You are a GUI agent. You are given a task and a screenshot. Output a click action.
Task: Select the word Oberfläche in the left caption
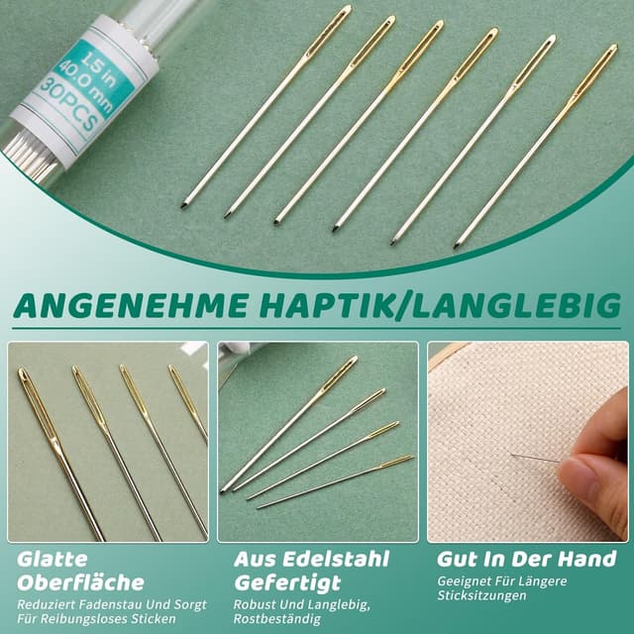pyautogui.click(x=80, y=582)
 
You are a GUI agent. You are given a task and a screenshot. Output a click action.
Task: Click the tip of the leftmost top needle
pyautogui.click(x=184, y=205)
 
